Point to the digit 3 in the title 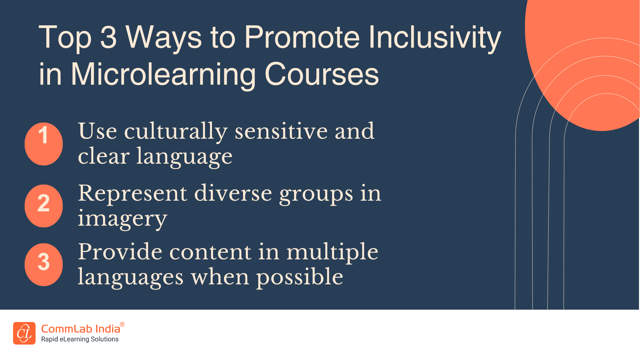108,37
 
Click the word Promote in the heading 302,37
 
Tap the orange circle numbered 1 44,144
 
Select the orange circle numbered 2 44,206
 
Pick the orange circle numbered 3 44,264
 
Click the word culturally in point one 176,131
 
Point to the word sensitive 281,131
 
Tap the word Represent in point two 133,193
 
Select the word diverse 233,193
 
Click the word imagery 122,219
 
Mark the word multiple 332,252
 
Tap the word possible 299,277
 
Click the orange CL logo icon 24,333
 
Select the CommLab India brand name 80,329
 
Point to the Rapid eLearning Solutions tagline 80,339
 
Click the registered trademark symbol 122,324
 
